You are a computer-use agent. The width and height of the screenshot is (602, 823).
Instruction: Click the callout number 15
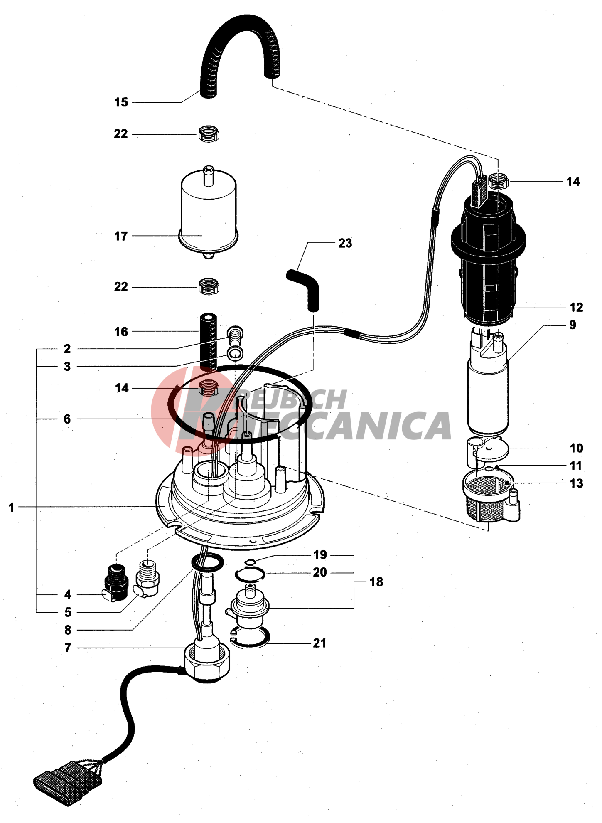[121, 102]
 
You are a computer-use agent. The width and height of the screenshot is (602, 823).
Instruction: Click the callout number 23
[345, 243]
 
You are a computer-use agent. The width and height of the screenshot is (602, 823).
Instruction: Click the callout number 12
[576, 308]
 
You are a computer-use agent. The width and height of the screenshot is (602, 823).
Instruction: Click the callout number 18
[376, 582]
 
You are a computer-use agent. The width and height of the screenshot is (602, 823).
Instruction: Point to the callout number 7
[68, 648]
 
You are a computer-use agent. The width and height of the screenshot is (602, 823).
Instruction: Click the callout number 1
[12, 507]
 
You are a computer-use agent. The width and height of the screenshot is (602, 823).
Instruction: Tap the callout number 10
[576, 448]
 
